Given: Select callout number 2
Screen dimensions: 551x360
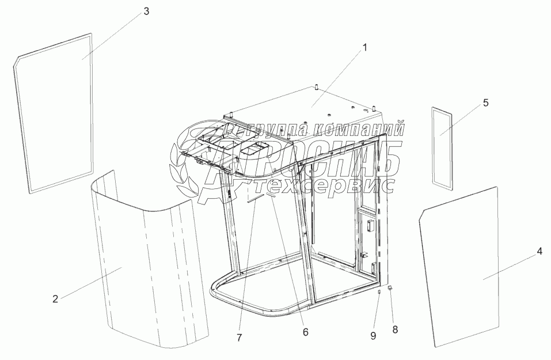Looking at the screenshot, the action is pos(55,298).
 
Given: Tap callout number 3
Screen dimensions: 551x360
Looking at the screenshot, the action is pos(146,12).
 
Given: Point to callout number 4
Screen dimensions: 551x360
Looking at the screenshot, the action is pos(539,251).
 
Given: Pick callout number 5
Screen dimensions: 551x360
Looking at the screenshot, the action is pos(485,103).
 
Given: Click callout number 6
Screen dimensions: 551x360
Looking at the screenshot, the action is pos(305,332).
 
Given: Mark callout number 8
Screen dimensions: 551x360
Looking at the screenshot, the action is pos(395,329).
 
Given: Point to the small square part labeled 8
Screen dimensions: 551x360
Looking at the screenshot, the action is pos(390,287).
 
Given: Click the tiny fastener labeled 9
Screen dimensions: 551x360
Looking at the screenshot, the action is pos(379,292).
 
